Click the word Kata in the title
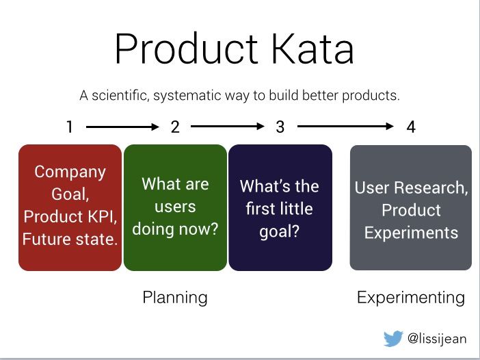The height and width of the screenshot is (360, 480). coord(313,49)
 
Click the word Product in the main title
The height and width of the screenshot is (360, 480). coord(187,49)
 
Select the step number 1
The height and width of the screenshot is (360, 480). coord(70,127)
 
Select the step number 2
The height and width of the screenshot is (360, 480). coord(175,127)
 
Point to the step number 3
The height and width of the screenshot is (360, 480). coord(280,127)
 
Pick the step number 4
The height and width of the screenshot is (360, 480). coord(411,127)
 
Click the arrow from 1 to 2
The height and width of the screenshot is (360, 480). coord(122,127)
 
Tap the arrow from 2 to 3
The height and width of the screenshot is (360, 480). coord(228,126)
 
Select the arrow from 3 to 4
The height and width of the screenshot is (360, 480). coord(345,126)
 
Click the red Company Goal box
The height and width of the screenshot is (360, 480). coord(70,207)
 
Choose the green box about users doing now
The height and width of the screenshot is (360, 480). coord(175,207)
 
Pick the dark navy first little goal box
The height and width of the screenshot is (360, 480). coord(280,207)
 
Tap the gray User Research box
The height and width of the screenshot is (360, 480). coord(410,207)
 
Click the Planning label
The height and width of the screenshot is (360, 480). coord(175,298)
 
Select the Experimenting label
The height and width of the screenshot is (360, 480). coord(411,298)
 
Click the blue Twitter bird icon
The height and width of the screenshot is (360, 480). coord(393,338)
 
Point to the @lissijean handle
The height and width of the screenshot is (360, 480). coord(437,339)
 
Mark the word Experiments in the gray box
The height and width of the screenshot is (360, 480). coord(411,233)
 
